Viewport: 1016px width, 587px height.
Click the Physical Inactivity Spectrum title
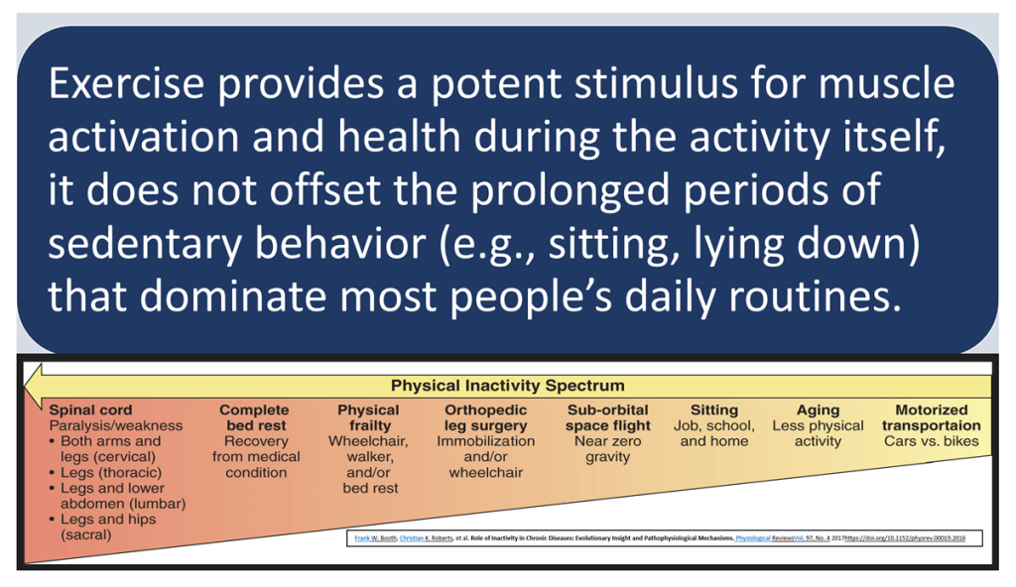(508, 385)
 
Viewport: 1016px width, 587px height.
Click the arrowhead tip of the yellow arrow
(29, 385)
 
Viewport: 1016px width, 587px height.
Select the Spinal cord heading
(90, 410)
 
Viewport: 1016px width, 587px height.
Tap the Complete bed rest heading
(255, 417)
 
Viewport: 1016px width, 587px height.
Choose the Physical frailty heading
(368, 417)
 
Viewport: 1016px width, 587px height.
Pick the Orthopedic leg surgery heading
(485, 417)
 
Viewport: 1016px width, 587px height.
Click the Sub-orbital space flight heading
(608, 417)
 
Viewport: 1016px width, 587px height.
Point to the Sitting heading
(713, 410)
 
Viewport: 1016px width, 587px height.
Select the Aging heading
(818, 410)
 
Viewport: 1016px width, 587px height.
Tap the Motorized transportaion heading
(931, 417)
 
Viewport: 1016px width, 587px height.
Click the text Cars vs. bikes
(931, 441)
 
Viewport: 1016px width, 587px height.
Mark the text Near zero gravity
(608, 449)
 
